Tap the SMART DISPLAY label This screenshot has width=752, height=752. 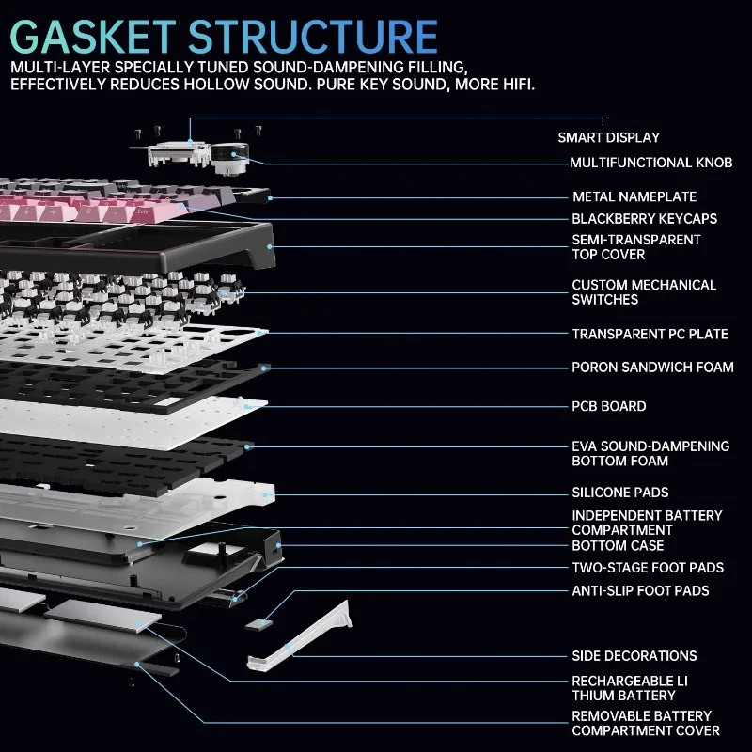(x=608, y=137)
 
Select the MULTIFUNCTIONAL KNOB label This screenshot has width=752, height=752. (x=650, y=163)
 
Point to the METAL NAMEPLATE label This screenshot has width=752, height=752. (x=634, y=196)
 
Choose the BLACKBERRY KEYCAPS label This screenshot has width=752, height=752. (x=645, y=218)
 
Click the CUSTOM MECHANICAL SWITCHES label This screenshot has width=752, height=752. (x=644, y=291)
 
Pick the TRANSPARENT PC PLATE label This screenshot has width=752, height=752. (x=650, y=334)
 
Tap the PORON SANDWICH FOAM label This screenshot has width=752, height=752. (x=652, y=367)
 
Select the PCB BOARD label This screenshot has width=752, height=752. (x=609, y=406)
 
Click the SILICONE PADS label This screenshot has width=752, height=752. (x=620, y=492)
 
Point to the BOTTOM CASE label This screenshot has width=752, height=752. (x=618, y=545)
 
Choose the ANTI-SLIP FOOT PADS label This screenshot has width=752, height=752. (x=640, y=590)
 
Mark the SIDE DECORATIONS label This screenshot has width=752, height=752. (x=634, y=655)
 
